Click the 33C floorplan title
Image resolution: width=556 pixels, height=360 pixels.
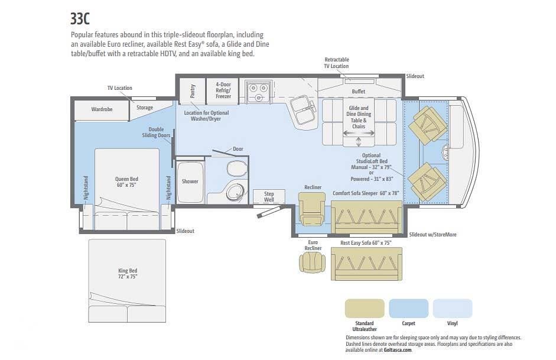tap(80, 19)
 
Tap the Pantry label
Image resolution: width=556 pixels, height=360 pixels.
tap(193, 91)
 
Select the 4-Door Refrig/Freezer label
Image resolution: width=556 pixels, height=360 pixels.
tap(223, 90)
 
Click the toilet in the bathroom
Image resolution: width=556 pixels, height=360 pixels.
tap(236, 168)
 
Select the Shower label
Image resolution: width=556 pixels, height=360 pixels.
tap(190, 181)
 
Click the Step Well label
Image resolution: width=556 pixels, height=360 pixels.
tap(269, 196)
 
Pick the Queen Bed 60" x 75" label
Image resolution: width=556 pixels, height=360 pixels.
tap(126, 182)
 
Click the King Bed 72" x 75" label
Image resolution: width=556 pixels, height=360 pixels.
tap(128, 274)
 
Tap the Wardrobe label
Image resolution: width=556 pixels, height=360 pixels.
tap(102, 109)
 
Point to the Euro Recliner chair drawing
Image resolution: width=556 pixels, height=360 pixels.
tap(313, 263)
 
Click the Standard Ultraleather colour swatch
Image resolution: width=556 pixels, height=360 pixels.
tap(365, 309)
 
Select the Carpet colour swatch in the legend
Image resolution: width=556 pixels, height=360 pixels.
tap(408, 309)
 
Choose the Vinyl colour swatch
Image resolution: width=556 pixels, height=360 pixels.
tap(453, 309)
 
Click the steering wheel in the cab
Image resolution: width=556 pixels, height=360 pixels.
tap(445, 153)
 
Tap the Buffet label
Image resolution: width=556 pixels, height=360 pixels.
tap(359, 92)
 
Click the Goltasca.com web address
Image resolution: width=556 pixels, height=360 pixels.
tap(398, 350)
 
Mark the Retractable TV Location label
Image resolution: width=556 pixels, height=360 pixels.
tap(336, 63)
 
